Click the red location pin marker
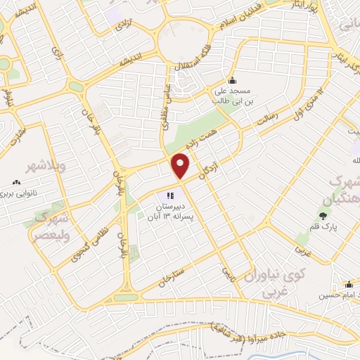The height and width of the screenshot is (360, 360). click(181, 165)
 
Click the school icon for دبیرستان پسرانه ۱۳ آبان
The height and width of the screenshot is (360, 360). click(169, 195)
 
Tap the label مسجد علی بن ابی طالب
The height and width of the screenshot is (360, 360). click(233, 96)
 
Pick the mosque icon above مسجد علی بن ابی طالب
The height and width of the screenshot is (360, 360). click(233, 79)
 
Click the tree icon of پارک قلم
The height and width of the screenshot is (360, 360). click(323, 214)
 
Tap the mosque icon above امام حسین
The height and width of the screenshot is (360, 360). click(349, 284)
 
